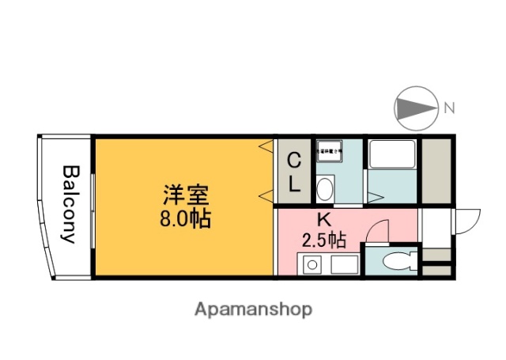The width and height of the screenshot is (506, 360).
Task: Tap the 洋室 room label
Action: (187, 194)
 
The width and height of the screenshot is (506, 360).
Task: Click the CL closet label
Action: (293, 172)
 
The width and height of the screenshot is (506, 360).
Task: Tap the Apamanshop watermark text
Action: (252, 309)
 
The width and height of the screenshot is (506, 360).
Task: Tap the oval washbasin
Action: (324, 188)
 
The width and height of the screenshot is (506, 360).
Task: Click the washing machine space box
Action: (330, 152)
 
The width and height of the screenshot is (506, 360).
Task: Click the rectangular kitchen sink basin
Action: (345, 263)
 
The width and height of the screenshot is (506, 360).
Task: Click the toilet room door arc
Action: (380, 230)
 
